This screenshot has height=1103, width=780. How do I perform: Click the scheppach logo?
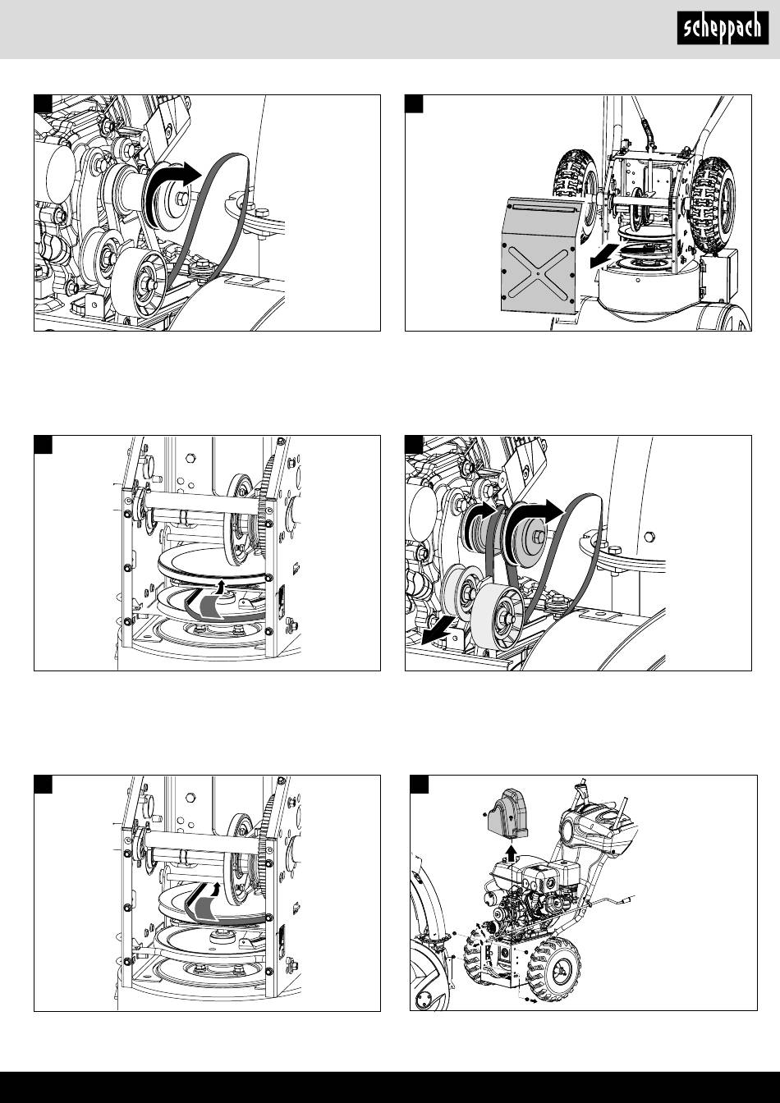click(x=723, y=28)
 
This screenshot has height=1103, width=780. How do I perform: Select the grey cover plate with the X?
click(x=540, y=256)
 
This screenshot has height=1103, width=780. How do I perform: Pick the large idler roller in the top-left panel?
click(x=133, y=281)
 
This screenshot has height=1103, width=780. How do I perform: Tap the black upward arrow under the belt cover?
click(x=512, y=852)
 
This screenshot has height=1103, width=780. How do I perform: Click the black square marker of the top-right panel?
click(x=414, y=103)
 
